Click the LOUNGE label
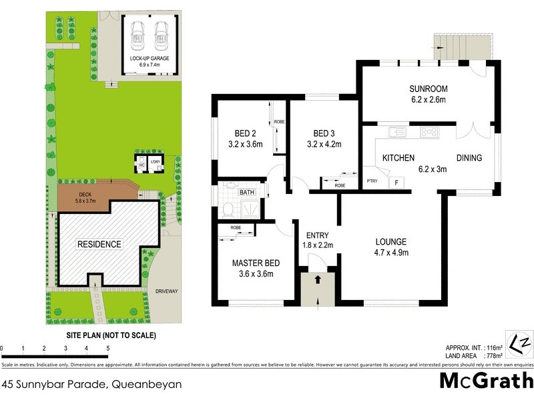[x=391, y=241]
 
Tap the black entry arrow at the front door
[x=318, y=278]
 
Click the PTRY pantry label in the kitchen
[x=372, y=181]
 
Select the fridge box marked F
[x=396, y=181]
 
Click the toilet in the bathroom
[x=227, y=209]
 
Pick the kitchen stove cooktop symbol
[x=429, y=132]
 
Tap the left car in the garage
[x=138, y=35]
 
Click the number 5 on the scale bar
[x=107, y=349]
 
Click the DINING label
[x=469, y=158]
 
